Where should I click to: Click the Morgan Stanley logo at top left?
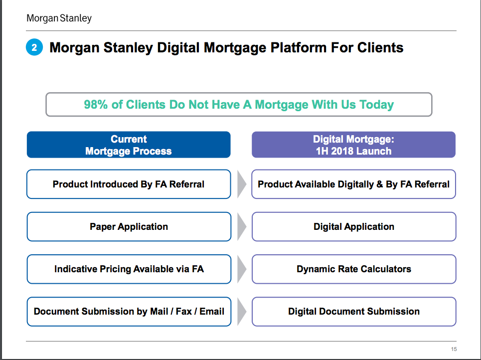(x=59, y=18)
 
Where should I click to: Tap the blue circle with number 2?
(x=34, y=47)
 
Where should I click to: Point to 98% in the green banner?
(x=96, y=104)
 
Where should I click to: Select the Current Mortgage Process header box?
(x=129, y=145)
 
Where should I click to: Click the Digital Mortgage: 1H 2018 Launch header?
(x=353, y=145)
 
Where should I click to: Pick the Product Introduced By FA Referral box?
(x=129, y=184)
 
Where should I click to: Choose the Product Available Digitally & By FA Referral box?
(x=354, y=184)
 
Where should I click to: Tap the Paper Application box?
(x=129, y=226)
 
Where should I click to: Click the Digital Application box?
(x=354, y=226)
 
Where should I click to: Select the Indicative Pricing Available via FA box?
(x=129, y=269)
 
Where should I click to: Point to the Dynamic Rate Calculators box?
(x=354, y=269)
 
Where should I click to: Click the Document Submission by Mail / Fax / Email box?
(x=129, y=312)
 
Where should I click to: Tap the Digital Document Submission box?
(x=354, y=312)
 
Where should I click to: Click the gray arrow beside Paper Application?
(x=241, y=226)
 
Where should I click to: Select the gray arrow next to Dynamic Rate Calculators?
(x=241, y=269)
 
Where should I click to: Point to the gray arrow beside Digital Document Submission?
(x=241, y=312)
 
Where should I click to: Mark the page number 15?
(x=454, y=349)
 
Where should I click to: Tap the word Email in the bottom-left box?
(x=212, y=311)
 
